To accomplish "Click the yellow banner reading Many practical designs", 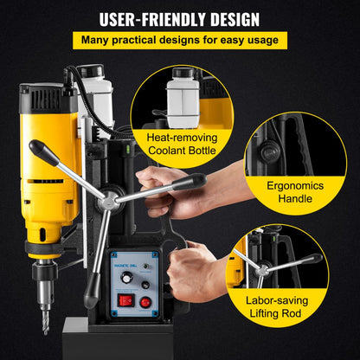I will (x=179, y=40).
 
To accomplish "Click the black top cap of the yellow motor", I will (x=48, y=89).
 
